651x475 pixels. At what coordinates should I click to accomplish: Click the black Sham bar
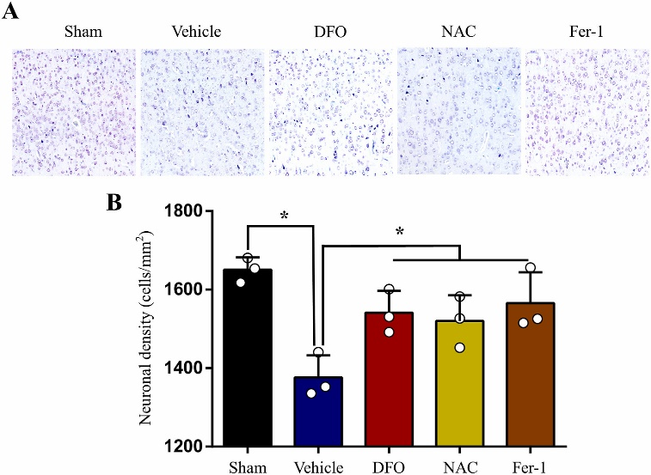(248, 361)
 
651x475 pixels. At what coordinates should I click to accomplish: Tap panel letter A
(12, 12)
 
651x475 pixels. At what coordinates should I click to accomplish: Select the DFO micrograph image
(330, 112)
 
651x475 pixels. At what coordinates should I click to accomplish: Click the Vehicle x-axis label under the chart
(318, 466)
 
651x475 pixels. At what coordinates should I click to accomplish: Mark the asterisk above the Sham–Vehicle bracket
(284, 216)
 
